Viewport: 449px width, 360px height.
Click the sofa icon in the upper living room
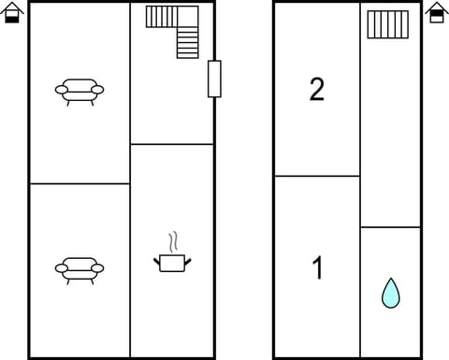(x=80, y=91)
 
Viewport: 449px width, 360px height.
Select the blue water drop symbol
(x=391, y=293)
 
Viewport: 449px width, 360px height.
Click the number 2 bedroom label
(x=317, y=90)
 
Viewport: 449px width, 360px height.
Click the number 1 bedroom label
(x=317, y=267)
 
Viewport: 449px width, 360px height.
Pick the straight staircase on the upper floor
(x=388, y=24)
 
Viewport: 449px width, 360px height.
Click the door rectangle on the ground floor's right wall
(x=214, y=79)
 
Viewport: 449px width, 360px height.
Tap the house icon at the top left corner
(x=12, y=12)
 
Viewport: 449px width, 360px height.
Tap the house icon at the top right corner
(x=437, y=12)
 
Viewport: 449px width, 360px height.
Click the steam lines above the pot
(x=173, y=241)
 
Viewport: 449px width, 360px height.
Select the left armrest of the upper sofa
(x=62, y=90)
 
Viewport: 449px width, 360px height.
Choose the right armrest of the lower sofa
(x=97, y=268)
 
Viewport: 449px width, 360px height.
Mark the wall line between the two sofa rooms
(x=80, y=183)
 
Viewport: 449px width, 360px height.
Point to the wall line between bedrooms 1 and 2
(x=317, y=176)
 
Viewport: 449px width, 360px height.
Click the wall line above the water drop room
(x=390, y=227)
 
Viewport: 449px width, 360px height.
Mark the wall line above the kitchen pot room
(x=172, y=144)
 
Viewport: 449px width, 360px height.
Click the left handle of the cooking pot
(x=156, y=262)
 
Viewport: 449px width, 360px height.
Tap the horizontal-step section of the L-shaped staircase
(x=162, y=17)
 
